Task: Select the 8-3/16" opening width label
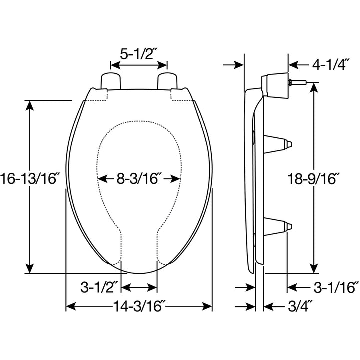tap(138, 178)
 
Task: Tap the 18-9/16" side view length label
tap(314, 178)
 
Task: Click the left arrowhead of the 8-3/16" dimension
tap(102, 178)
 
